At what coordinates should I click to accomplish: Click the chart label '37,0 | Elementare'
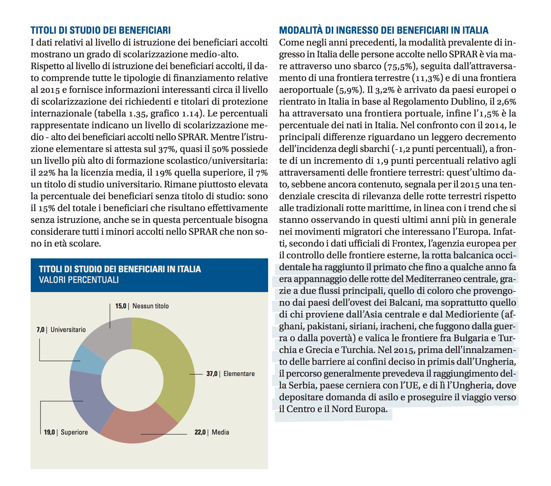click(x=230, y=374)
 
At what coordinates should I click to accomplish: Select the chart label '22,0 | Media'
click(x=212, y=432)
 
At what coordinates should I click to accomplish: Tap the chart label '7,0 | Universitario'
click(x=61, y=330)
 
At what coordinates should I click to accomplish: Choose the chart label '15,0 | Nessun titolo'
click(x=142, y=306)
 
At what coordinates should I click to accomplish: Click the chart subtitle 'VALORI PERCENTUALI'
click(x=79, y=280)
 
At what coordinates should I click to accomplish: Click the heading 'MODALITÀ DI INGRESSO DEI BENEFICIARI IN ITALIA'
click(x=384, y=30)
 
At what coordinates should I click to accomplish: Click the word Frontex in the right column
click(x=408, y=244)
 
